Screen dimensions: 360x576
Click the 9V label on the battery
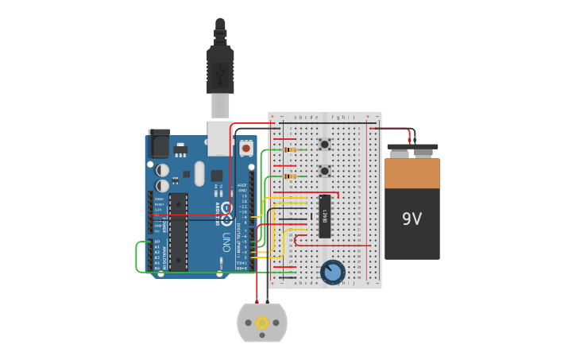pyautogui.click(x=412, y=219)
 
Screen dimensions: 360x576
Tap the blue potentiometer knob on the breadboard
pyautogui.click(x=333, y=272)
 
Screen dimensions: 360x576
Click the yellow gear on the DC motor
pyautogui.click(x=262, y=323)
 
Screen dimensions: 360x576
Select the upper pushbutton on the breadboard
pyautogui.click(x=324, y=145)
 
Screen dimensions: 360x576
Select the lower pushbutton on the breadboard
pyautogui.click(x=324, y=171)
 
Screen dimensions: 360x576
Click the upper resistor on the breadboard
pyautogui.click(x=290, y=149)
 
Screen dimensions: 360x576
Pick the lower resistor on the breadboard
pyautogui.click(x=290, y=176)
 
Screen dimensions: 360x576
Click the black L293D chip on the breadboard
pyautogui.click(x=324, y=215)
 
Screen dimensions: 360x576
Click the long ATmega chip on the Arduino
pyautogui.click(x=179, y=231)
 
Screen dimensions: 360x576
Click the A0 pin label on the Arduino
pyautogui.click(x=157, y=242)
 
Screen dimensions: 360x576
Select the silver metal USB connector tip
pyautogui.click(x=220, y=106)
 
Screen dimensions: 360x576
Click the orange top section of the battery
pyautogui.click(x=412, y=173)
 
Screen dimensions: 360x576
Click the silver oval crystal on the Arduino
pyautogui.click(x=199, y=173)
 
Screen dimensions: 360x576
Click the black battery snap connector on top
pyautogui.click(x=412, y=149)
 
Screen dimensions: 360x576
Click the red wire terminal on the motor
pyautogui.click(x=256, y=306)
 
